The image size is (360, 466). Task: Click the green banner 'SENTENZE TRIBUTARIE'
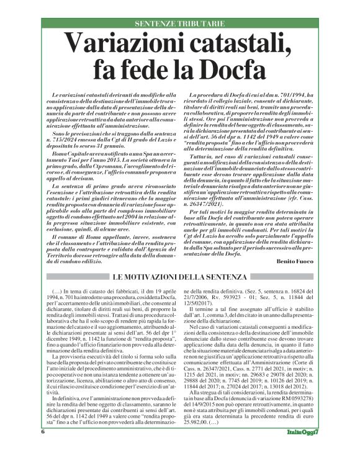(180, 23)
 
